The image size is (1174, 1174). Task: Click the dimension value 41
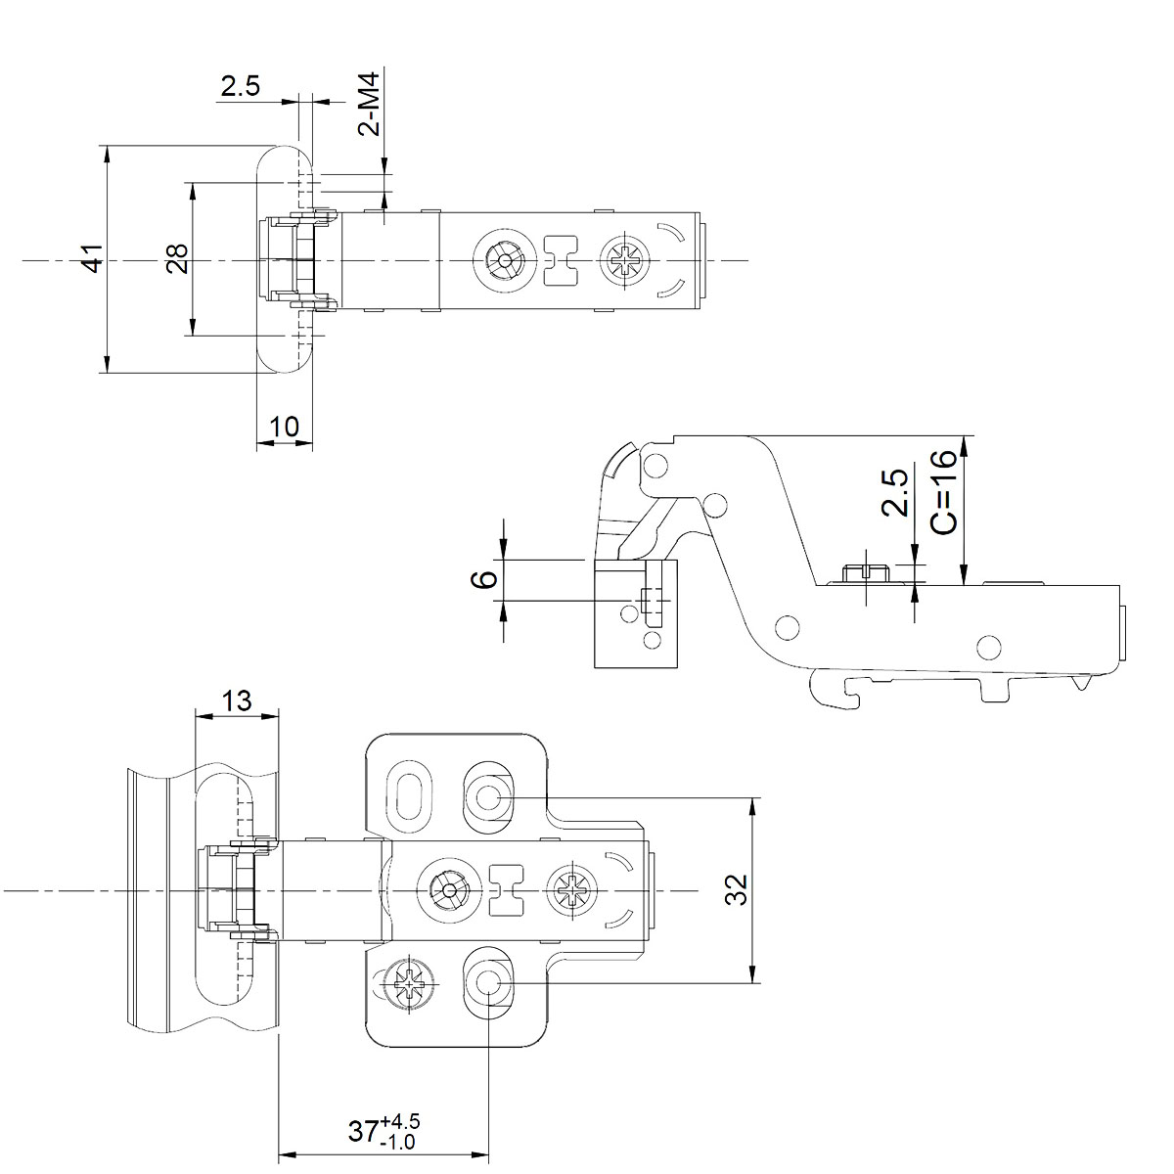(x=92, y=259)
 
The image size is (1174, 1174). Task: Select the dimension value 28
(x=177, y=259)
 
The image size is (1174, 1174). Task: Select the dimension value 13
(x=237, y=700)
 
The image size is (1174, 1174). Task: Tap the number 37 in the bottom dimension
(x=364, y=1132)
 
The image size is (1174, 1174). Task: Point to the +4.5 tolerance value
(x=402, y=1121)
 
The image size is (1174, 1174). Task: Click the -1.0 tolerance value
(x=400, y=1142)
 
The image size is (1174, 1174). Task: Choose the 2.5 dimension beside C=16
(x=894, y=492)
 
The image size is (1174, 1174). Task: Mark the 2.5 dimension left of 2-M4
(x=240, y=86)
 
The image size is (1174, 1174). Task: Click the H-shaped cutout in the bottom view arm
(x=506, y=890)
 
